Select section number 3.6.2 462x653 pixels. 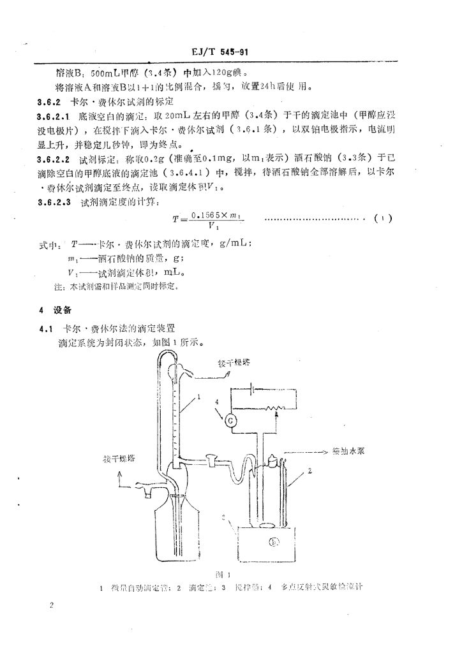[x=48, y=102]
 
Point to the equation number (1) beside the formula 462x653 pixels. [x=384, y=219]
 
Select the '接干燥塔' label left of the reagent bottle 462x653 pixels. [x=126, y=459]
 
